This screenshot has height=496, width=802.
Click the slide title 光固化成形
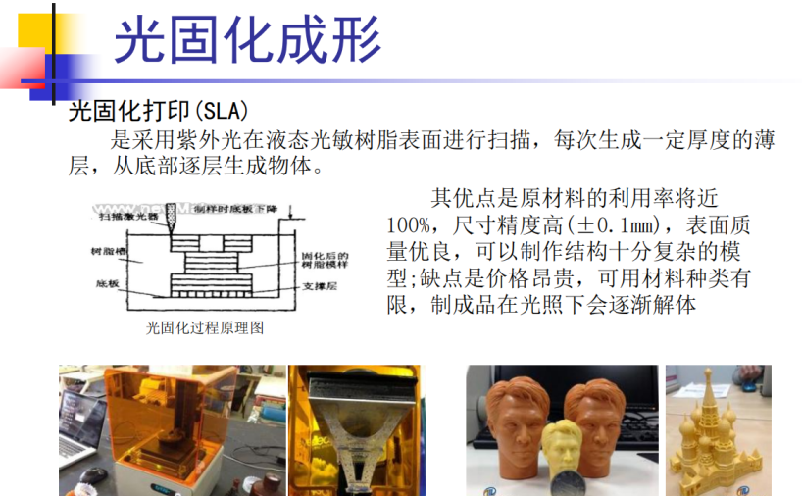pos(247,40)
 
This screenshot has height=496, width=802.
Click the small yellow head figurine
pos(559,446)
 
